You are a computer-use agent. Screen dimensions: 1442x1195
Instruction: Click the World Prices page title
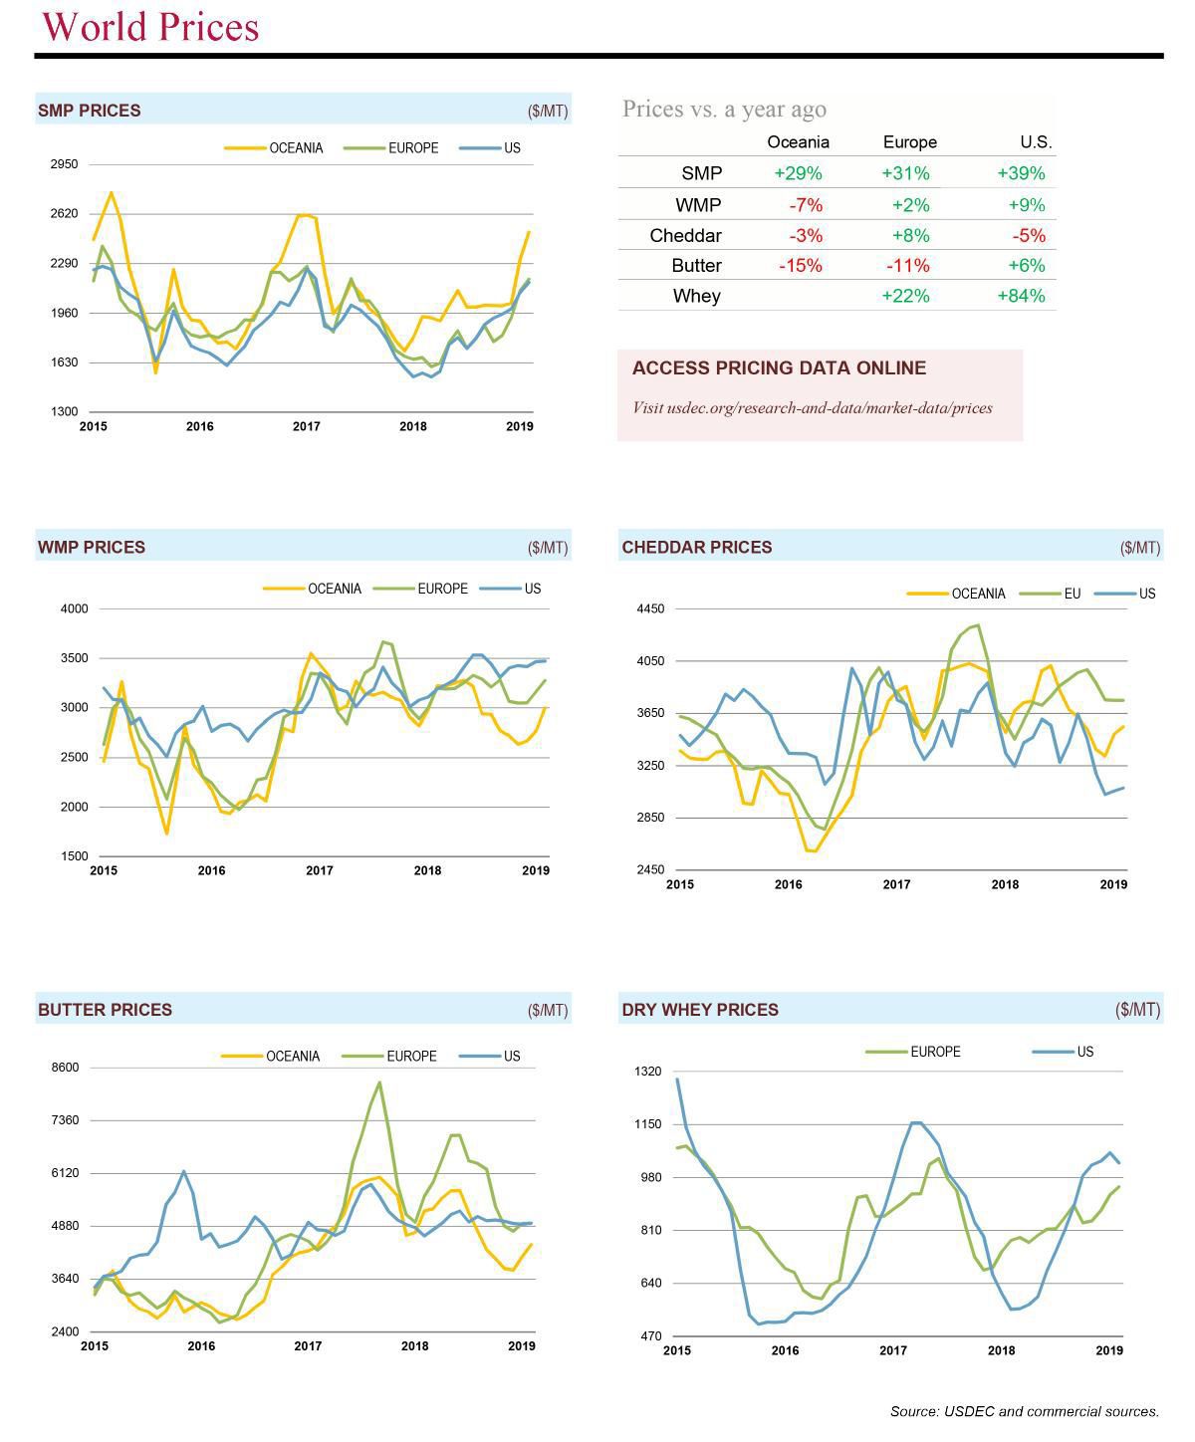(150, 27)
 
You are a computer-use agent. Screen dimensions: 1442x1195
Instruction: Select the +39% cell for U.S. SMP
(1021, 173)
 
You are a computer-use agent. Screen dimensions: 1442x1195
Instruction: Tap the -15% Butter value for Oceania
(799, 266)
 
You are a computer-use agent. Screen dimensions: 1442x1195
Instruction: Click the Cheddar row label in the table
(685, 236)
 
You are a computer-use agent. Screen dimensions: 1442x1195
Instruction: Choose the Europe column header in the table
(909, 142)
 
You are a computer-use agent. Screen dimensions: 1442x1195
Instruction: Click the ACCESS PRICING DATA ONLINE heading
(779, 368)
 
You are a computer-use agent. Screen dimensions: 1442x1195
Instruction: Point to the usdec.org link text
(812, 407)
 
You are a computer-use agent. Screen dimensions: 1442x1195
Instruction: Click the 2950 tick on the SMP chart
(64, 164)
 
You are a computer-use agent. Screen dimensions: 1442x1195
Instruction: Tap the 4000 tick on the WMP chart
(75, 608)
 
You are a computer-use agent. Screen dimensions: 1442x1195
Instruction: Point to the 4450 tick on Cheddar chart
(651, 608)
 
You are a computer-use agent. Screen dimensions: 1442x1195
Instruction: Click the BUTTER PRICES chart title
(105, 1010)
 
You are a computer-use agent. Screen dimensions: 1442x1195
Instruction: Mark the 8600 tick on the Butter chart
(65, 1068)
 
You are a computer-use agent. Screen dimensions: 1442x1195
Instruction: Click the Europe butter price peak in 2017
(379, 1082)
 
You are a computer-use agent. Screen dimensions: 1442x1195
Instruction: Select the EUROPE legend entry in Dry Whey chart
(934, 1052)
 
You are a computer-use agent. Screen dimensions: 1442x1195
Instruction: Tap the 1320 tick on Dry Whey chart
(647, 1072)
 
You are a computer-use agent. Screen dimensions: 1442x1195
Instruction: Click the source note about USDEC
(1024, 1411)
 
